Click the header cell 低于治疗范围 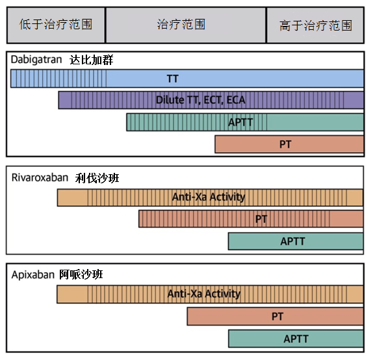(x=56, y=25)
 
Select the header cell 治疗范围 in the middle (x=186, y=25)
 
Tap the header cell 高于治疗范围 (x=315, y=25)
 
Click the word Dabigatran (x=36, y=60)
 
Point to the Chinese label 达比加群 (x=92, y=60)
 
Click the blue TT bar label (x=172, y=79)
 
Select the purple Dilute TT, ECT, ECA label (x=200, y=100)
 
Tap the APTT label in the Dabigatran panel (x=240, y=122)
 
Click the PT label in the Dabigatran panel (x=285, y=144)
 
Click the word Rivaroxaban (x=40, y=178)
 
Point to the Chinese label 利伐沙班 (x=97, y=178)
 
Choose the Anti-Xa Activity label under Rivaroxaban (x=209, y=197)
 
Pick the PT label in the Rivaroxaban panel (x=261, y=219)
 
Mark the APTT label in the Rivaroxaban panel (x=292, y=241)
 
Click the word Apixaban (x=33, y=275)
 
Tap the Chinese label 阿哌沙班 (x=81, y=275)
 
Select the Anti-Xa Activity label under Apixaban (x=204, y=294)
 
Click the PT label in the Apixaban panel (x=277, y=316)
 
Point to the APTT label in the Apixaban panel (x=296, y=339)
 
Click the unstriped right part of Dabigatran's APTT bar (x=315, y=122)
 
